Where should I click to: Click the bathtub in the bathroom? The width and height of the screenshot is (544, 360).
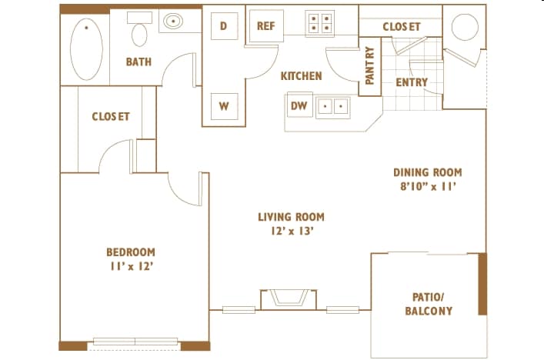(86, 49)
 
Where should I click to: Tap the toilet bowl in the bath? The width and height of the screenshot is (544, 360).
(139, 35)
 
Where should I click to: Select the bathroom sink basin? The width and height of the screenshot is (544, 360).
(173, 22)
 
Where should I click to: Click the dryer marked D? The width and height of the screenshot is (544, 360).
(224, 25)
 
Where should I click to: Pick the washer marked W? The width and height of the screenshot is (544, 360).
(224, 106)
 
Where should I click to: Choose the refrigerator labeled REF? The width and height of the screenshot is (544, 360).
(266, 26)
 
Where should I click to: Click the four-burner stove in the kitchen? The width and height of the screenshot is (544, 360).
(320, 23)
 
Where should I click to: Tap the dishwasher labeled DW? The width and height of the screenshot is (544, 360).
(299, 105)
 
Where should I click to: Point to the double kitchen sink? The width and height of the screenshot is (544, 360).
(332, 106)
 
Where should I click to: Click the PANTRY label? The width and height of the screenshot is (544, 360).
(370, 66)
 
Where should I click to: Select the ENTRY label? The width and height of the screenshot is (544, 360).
(412, 82)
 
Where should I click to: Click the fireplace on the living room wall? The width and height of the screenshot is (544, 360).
(289, 299)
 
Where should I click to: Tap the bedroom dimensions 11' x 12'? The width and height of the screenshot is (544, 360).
(132, 266)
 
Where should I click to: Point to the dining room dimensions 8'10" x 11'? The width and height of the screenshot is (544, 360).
(428, 187)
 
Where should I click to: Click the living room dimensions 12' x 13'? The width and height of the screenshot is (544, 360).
(292, 231)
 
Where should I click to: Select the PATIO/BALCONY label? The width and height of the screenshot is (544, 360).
(429, 304)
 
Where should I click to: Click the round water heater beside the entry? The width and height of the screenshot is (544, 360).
(465, 27)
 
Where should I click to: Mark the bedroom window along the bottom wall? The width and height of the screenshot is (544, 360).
(135, 342)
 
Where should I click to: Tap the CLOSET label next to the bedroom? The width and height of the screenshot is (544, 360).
(111, 116)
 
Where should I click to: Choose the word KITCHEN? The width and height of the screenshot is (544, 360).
(301, 76)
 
